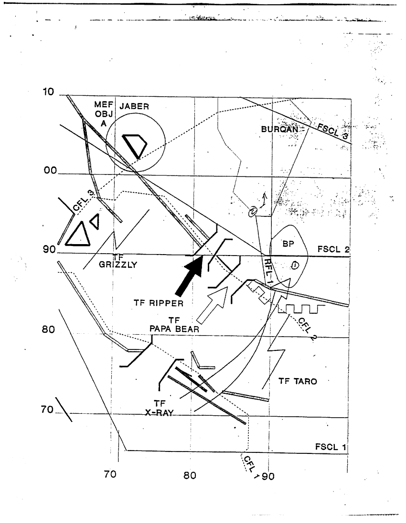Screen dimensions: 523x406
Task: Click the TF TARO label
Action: tap(298, 381)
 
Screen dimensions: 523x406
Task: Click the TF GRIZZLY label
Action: tap(118, 261)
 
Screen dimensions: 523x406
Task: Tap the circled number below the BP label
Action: tap(294, 265)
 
